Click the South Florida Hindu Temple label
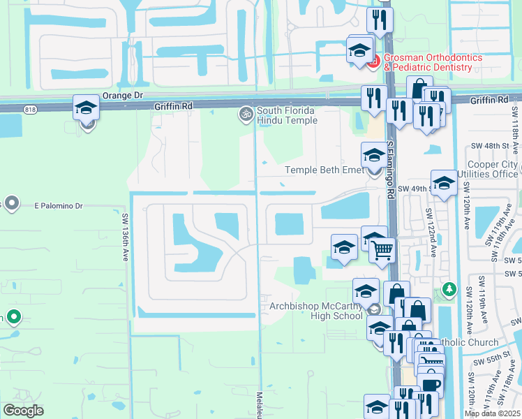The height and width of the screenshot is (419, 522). coord(287,115)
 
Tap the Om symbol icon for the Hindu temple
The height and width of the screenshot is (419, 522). coord(246,113)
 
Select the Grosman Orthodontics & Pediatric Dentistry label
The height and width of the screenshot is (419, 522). coord(426,62)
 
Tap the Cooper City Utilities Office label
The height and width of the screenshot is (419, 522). coord(488,169)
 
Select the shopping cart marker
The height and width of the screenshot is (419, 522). coord(382,249)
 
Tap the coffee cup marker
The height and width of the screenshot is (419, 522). coord(431,383)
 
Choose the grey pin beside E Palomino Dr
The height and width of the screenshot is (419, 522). coord(11,203)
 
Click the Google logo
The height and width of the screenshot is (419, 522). coord(23,411)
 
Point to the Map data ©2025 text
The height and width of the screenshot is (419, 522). coord(492,413)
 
